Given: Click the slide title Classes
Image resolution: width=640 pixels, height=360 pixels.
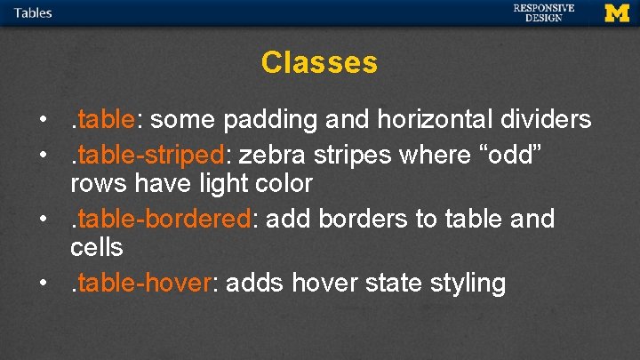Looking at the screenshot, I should (319, 63).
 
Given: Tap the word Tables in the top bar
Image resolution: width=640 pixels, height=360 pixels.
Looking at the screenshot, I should (33, 12).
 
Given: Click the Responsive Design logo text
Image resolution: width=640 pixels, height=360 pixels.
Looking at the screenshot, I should (543, 12).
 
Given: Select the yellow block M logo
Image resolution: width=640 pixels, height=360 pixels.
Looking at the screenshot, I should (616, 12).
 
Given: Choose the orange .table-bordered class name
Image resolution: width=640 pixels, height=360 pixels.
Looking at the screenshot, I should (164, 219).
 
